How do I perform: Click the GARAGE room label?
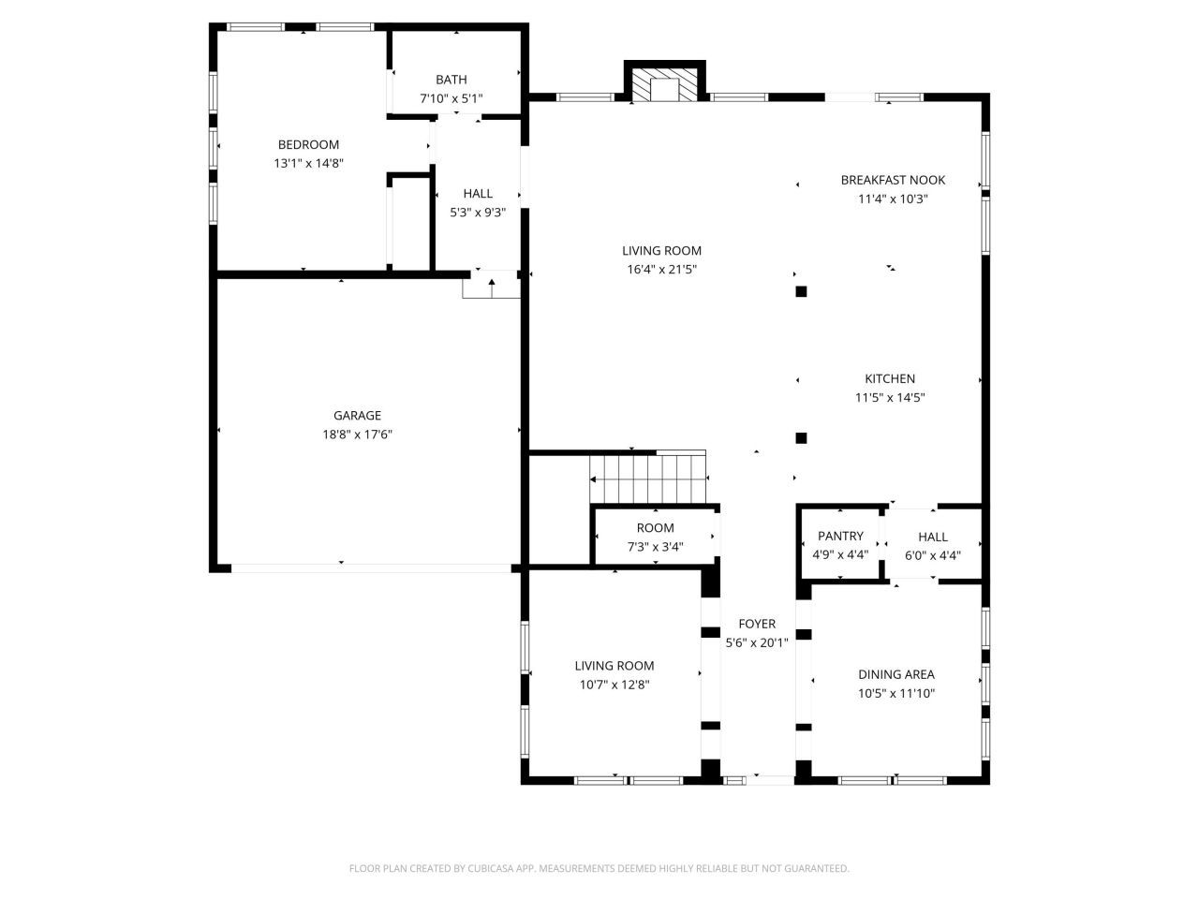(x=357, y=416)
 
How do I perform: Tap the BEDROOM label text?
(x=308, y=144)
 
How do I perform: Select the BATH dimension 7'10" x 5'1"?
(x=451, y=98)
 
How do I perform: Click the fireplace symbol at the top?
(x=665, y=86)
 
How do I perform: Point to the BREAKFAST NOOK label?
(x=893, y=180)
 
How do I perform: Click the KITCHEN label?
(x=890, y=378)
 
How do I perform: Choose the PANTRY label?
(x=840, y=537)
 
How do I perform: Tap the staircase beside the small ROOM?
(x=648, y=478)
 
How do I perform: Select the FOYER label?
(x=757, y=624)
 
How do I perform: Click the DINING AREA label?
(x=896, y=674)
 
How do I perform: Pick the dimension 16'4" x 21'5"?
(x=661, y=270)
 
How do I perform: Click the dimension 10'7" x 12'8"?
(x=614, y=685)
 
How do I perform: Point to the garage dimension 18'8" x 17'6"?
(x=357, y=435)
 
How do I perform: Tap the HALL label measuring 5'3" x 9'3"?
(x=478, y=194)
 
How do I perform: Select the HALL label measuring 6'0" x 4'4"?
(x=933, y=537)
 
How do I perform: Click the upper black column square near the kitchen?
(x=801, y=291)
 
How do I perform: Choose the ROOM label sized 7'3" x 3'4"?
(x=655, y=528)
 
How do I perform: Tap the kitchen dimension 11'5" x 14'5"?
(x=890, y=397)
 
